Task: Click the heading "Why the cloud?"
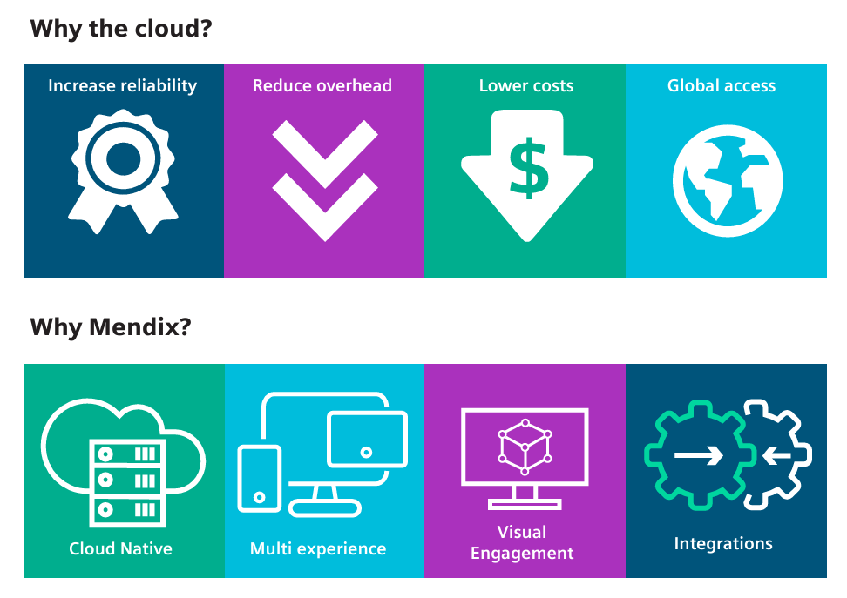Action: pos(121,29)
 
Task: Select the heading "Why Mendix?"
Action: pos(111,327)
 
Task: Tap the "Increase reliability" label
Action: pos(123,86)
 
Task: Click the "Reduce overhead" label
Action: pos(322,85)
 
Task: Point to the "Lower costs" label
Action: pos(526,85)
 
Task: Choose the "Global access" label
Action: pos(722,85)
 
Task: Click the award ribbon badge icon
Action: pos(123,171)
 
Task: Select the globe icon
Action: pos(728,181)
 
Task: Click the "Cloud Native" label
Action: pos(120,548)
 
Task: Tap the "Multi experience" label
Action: pos(318,549)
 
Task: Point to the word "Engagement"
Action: pos(522,554)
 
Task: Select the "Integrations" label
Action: pos(723,543)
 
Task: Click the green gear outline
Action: pos(656,455)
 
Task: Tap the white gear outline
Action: pos(805,455)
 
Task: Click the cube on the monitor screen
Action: pos(525,447)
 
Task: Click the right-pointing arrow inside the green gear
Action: pos(699,455)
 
